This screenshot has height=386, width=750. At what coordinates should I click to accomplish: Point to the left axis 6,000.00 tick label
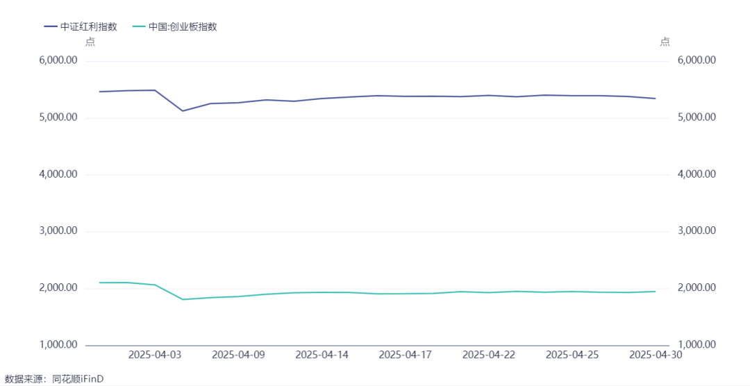coord(57,61)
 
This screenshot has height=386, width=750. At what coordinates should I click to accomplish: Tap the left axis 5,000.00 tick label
coord(57,118)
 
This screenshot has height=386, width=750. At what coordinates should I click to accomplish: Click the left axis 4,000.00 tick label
coord(57,175)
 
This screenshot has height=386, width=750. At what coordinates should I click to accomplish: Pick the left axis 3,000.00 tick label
coord(57,231)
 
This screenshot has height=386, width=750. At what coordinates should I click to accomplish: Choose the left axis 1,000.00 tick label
coord(57,345)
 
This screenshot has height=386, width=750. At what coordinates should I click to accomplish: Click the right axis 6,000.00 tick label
coord(697,60)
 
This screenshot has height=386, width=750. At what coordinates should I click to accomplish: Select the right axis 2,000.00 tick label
coord(697,288)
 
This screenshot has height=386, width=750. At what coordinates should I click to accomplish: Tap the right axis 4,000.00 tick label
coord(697,174)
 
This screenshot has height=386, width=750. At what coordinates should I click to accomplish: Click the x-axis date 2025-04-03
coord(155,355)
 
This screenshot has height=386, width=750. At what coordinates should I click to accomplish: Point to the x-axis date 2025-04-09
coord(238,355)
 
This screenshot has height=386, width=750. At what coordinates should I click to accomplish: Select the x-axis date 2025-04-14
coord(322,355)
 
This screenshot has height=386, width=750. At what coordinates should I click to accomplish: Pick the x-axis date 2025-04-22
coord(489,355)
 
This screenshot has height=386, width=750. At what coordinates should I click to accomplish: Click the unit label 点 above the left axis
coord(90,42)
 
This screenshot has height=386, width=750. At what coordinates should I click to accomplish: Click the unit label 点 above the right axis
coord(665,42)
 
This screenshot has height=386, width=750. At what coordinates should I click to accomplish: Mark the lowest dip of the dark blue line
coord(182,111)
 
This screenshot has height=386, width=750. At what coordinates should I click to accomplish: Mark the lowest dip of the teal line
coord(183,299)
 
